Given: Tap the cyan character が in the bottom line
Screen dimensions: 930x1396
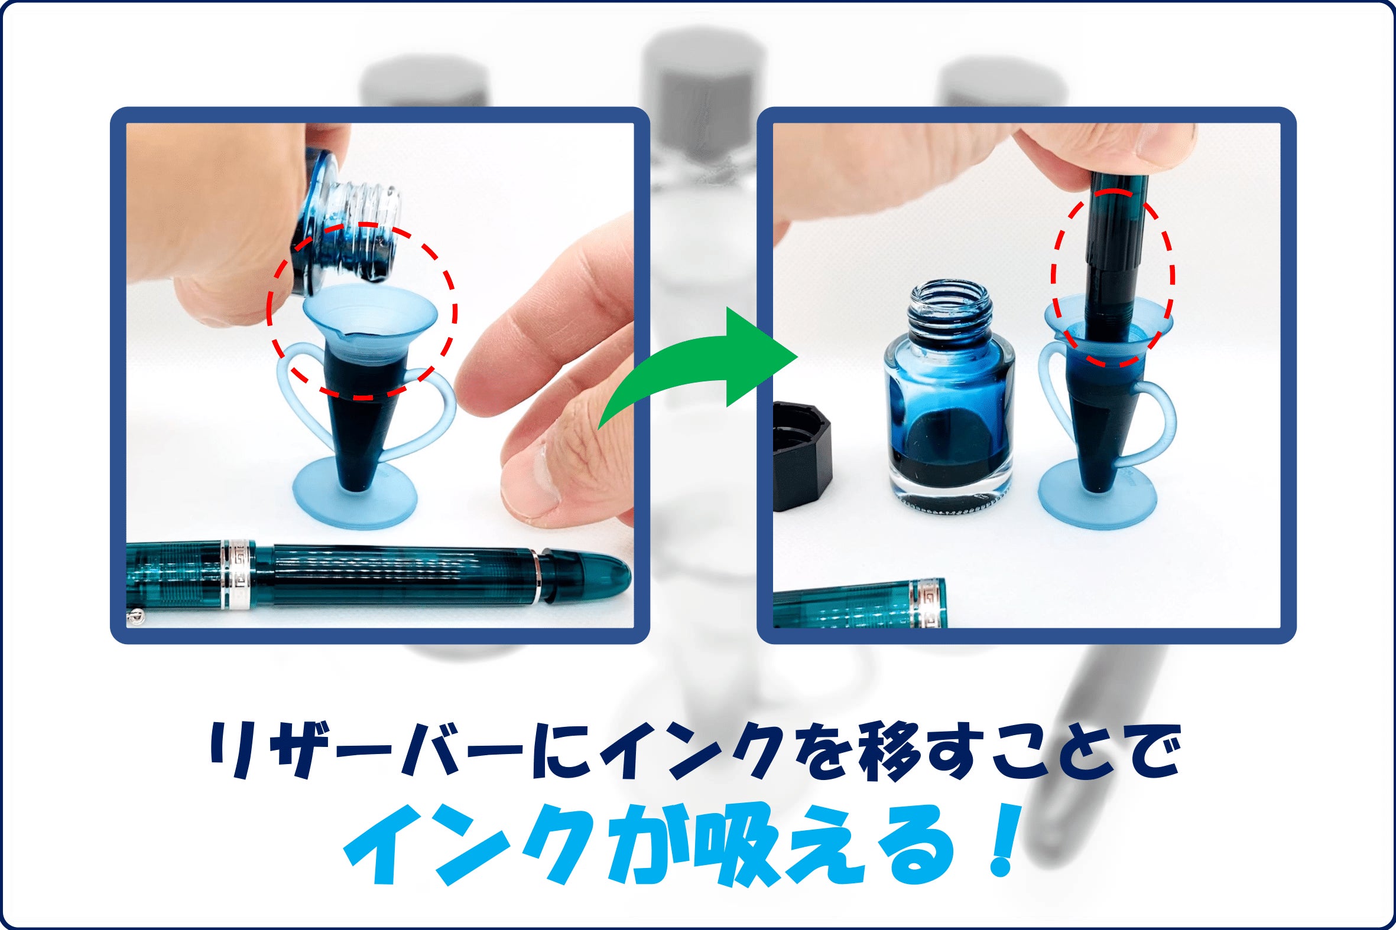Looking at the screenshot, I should click(x=644, y=845).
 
